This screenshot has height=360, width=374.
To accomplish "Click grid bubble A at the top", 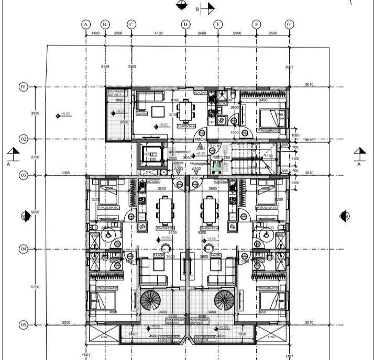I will tap(86, 24).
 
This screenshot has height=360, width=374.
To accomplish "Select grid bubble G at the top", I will tap(289, 24).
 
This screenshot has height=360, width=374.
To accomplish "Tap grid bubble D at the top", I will tap(185, 24).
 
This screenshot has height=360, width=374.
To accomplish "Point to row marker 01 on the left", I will tap(23, 87).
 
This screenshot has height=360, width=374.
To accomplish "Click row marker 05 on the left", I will tap(23, 325).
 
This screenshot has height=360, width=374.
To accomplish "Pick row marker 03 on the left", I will tap(23, 175).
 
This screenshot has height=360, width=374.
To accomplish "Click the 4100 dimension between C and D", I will tap(158, 33).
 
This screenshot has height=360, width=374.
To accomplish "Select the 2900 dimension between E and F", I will tap(237, 33).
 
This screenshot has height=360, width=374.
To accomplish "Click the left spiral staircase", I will tap(151, 301).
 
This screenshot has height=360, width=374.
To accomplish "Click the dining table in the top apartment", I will tap(184, 111).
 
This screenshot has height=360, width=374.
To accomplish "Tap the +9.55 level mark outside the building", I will tap(65, 114).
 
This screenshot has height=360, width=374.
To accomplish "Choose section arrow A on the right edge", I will tap(359, 154).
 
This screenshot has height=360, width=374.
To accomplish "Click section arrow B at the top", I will tap(208, 8).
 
